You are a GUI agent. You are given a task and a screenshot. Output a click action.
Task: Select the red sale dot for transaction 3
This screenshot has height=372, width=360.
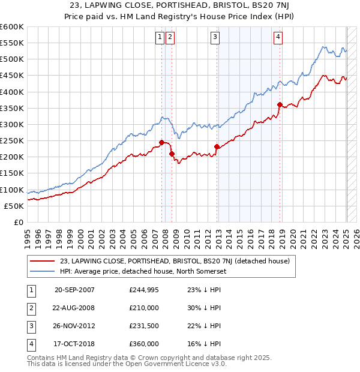pyautogui.click(x=217, y=146)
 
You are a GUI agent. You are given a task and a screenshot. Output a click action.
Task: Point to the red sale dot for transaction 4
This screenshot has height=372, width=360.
pyautogui.click(x=280, y=104)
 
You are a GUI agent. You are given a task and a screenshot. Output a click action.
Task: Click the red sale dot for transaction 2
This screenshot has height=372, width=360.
pyautogui.click(x=172, y=154)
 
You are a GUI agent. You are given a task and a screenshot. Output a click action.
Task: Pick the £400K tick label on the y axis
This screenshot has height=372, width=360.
pyautogui.click(x=12, y=92)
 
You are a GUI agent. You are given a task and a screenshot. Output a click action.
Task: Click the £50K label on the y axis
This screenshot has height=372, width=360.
pyautogui.click(x=14, y=206)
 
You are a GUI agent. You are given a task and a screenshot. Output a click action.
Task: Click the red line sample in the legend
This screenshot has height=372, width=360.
pyautogui.click(x=41, y=261)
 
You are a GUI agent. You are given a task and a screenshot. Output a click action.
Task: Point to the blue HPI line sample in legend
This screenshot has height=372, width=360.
pyautogui.click(x=41, y=271)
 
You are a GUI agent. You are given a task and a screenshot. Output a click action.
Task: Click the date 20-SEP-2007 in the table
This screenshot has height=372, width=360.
pyautogui.click(x=74, y=290)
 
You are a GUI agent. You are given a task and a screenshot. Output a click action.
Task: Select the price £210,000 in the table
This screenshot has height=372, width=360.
pyautogui.click(x=143, y=308)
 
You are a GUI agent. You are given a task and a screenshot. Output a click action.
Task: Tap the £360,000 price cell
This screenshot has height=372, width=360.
pyautogui.click(x=143, y=344)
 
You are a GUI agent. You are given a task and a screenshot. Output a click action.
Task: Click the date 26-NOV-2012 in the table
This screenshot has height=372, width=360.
pyautogui.click(x=74, y=326)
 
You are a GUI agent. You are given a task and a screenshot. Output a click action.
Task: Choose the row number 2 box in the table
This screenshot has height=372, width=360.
pyautogui.click(x=30, y=308)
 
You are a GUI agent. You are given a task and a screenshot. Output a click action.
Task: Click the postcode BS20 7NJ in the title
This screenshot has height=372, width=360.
pyautogui.click(x=259, y=6)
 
